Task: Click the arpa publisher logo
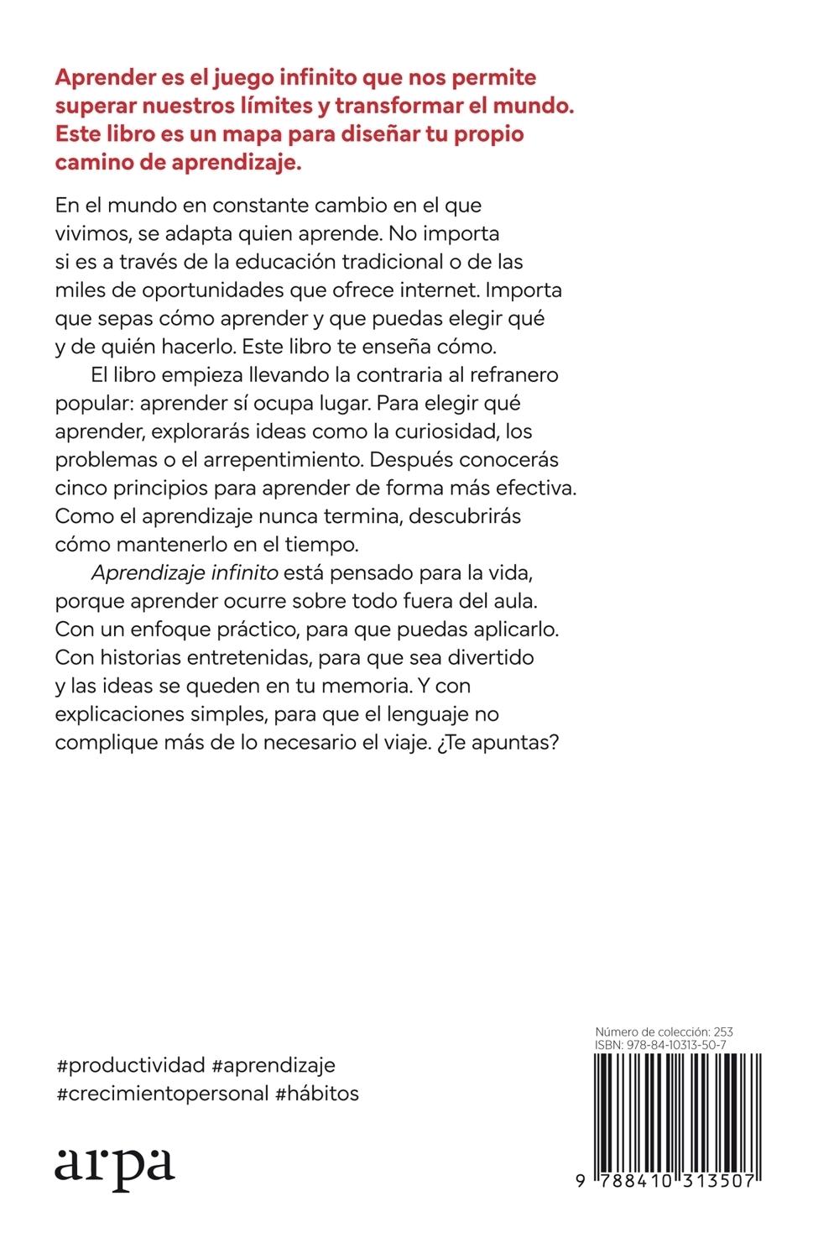coord(114,1165)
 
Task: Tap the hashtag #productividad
coord(130,1066)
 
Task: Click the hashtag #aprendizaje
coord(274,1066)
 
